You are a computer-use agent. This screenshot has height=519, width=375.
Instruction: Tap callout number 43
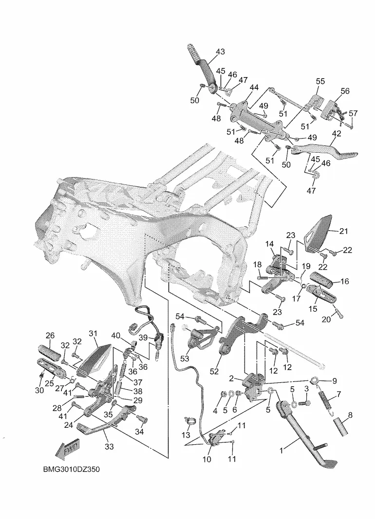pyautogui.click(x=220, y=52)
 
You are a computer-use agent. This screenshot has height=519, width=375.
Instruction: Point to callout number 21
pyautogui.click(x=344, y=231)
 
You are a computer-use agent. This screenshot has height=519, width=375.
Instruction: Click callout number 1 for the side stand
pyautogui.click(x=281, y=452)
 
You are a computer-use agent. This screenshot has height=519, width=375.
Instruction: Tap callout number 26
pyautogui.click(x=50, y=335)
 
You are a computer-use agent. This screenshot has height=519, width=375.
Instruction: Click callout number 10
pyautogui.click(x=206, y=459)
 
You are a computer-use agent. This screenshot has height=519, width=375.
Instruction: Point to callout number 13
pyautogui.click(x=186, y=435)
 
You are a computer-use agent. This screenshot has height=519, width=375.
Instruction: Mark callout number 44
pyautogui.click(x=254, y=87)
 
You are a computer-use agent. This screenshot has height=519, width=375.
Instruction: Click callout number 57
pyautogui.click(x=353, y=113)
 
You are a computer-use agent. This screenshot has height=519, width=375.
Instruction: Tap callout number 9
pyautogui.click(x=335, y=381)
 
